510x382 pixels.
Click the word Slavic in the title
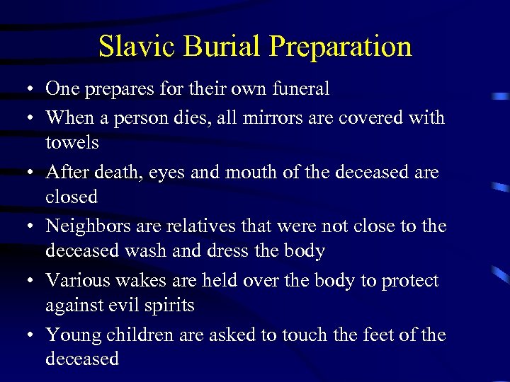[135, 47]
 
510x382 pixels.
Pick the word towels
[72, 142]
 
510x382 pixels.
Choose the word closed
[72, 197]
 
